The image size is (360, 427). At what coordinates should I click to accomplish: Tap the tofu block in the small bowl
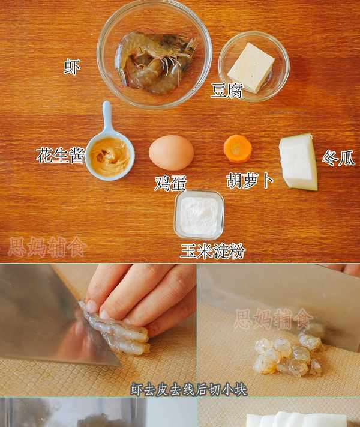251,67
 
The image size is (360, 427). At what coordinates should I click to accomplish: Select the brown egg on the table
171,153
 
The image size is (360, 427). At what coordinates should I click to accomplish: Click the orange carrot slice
238,149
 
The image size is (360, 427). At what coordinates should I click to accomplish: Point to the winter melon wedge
299,162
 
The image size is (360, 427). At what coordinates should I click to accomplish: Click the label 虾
72,67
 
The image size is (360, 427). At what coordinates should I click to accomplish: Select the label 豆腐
227,91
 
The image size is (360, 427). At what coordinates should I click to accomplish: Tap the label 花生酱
61,155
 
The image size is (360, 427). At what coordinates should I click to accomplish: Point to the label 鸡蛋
170,183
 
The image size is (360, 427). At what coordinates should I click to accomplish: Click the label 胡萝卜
250,180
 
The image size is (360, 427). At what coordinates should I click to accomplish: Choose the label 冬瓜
338,157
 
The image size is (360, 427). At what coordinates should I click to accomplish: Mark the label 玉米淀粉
212,251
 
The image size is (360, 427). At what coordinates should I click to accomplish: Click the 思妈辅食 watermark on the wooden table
47,247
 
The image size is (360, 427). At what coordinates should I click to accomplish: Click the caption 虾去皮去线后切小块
189,389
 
